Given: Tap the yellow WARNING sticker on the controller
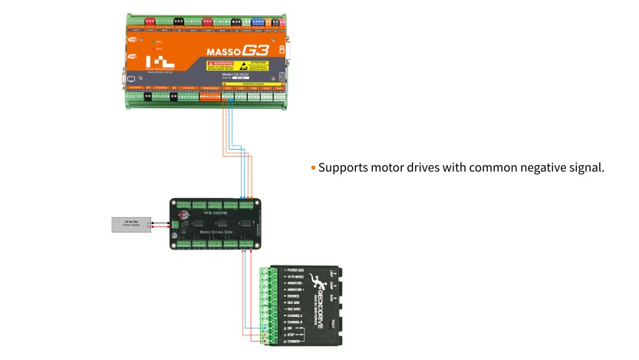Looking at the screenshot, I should [x=217, y=67].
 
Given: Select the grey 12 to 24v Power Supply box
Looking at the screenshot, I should [x=130, y=224].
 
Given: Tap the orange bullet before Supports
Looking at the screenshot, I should [x=313, y=167].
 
